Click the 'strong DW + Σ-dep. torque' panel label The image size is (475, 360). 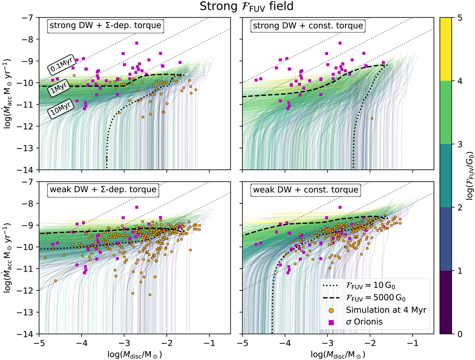click(106, 27)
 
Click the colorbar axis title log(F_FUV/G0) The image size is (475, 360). click(468, 175)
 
